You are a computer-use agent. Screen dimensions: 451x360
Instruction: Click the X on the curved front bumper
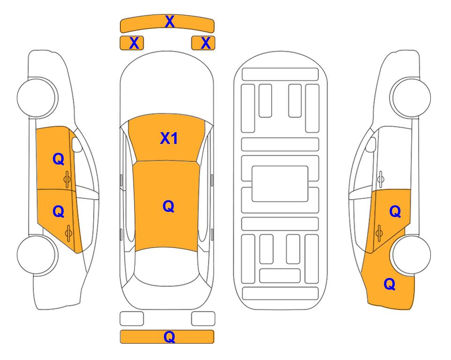click(x=170, y=22)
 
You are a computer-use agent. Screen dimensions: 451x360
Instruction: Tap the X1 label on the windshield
click(x=169, y=139)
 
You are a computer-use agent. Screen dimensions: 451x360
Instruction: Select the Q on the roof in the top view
click(x=169, y=207)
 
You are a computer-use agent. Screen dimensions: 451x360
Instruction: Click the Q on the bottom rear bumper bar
click(x=170, y=337)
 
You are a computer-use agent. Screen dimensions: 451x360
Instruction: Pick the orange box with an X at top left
click(x=132, y=43)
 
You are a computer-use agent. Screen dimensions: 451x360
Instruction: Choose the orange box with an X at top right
click(x=203, y=43)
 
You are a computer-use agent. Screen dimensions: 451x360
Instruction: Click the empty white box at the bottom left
click(x=132, y=319)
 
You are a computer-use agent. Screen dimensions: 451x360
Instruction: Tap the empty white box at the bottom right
click(x=203, y=319)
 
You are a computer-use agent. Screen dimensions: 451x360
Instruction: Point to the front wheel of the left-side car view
click(x=37, y=97)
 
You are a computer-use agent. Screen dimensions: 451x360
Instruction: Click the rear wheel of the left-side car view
click(x=37, y=255)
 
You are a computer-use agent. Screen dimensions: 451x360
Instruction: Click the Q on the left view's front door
click(x=59, y=159)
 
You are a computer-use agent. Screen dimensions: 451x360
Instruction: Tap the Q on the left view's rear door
click(x=59, y=212)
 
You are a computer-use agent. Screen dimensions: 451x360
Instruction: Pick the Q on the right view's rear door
click(x=395, y=212)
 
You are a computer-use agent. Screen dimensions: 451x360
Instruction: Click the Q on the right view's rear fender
click(x=390, y=284)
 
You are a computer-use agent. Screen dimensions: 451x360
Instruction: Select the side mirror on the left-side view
click(x=77, y=144)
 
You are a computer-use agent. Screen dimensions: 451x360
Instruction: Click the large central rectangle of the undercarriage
click(x=280, y=184)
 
